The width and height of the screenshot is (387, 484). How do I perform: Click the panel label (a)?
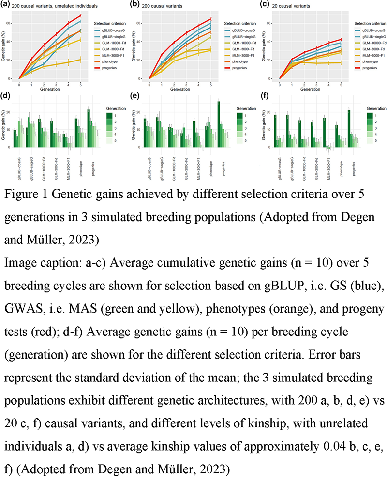point(5,4)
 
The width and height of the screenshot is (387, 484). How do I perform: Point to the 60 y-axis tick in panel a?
point(13,23)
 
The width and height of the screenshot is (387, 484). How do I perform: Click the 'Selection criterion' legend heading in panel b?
point(244,23)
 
